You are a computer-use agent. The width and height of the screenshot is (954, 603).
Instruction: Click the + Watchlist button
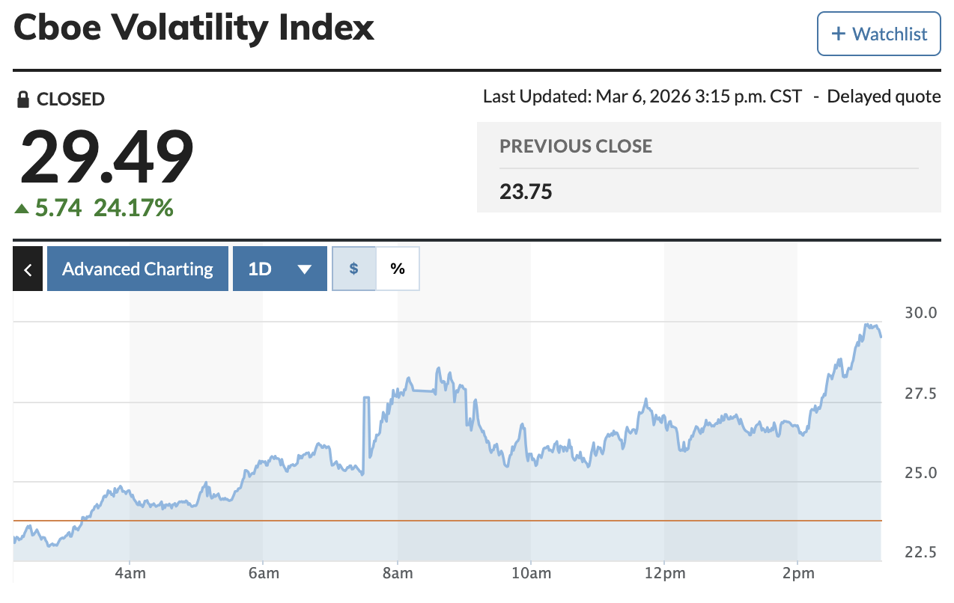(x=878, y=34)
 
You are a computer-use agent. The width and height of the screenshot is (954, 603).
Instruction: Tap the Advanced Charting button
(x=137, y=269)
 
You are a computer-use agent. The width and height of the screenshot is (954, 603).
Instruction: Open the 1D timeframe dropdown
(x=279, y=269)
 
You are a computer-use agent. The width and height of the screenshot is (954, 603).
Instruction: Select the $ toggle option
(x=353, y=269)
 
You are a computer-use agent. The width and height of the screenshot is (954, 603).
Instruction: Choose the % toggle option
(x=398, y=269)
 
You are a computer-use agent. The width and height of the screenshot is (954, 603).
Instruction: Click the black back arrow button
(x=28, y=269)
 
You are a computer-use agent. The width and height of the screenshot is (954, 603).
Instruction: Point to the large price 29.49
(x=106, y=157)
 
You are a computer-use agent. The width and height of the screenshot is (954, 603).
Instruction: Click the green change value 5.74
(x=58, y=207)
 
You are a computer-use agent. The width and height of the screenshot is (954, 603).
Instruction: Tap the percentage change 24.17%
(x=133, y=207)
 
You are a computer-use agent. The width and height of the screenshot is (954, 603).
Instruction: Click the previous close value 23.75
(x=526, y=192)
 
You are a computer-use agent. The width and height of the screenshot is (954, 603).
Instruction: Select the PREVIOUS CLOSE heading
(x=576, y=146)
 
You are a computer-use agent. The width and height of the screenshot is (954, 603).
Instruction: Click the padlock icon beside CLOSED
(x=23, y=99)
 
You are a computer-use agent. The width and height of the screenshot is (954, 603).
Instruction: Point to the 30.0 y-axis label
(x=921, y=313)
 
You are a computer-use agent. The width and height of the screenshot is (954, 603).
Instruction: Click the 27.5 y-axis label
(x=921, y=393)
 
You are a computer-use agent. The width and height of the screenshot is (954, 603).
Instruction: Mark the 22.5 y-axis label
(x=921, y=552)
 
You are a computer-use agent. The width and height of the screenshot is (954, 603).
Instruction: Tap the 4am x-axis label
(x=130, y=573)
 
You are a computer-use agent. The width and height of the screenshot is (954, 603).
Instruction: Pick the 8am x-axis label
(x=397, y=573)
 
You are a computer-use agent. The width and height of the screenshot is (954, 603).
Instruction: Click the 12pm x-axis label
(x=664, y=573)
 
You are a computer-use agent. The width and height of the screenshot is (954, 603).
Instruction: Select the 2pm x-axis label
(x=797, y=573)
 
